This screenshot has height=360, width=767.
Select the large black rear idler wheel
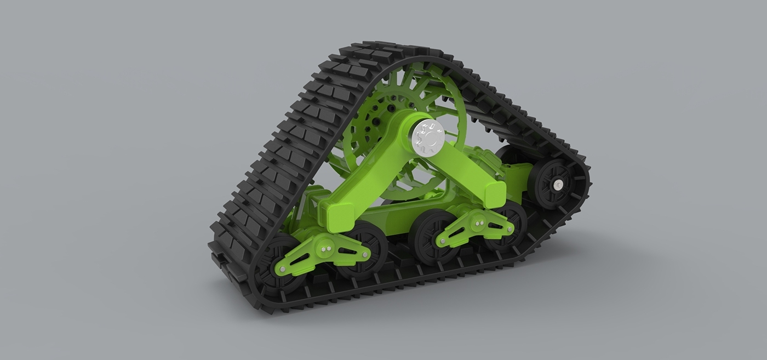548,184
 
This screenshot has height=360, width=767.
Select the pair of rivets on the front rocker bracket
327,249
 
